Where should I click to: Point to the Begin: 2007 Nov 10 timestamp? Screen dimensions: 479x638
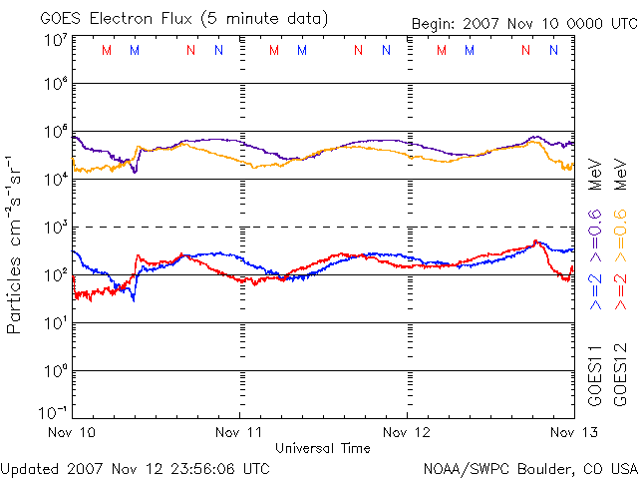(x=523, y=24)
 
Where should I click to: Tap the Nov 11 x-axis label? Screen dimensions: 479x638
(x=240, y=432)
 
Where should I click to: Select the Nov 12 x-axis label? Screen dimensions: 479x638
(x=407, y=432)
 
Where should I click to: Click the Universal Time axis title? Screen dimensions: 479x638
(x=323, y=448)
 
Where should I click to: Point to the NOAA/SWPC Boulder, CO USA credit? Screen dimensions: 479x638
(x=529, y=468)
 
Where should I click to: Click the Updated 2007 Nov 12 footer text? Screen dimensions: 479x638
(x=135, y=468)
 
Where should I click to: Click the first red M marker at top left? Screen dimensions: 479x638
(x=107, y=50)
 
